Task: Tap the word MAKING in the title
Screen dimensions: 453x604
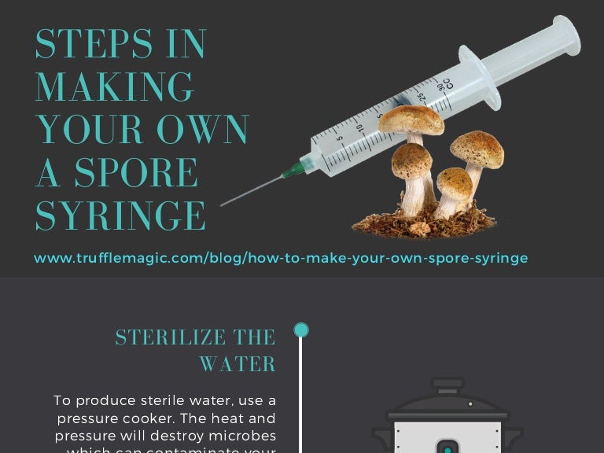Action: point(115,87)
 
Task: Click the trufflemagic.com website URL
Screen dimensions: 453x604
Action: point(281,258)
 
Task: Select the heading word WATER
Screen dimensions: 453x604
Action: point(237,364)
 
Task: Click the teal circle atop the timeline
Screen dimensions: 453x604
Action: point(301,330)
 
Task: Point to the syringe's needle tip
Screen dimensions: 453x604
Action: point(223,205)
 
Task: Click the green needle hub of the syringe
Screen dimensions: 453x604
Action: point(293,168)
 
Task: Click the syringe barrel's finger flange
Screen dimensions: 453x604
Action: point(479,77)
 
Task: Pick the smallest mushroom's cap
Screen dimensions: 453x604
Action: point(455,182)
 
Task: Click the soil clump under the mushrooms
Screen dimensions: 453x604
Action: point(425,226)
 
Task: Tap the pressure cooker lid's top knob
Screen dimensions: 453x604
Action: point(447,384)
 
